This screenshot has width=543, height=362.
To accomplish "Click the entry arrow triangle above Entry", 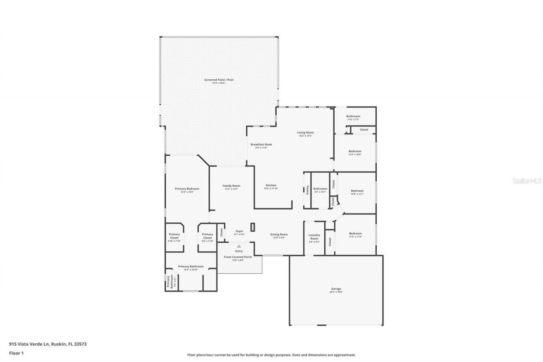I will coord(239,246).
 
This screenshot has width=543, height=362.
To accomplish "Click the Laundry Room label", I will coord(314,237).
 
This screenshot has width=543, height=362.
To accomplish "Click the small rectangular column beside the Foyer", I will coord(253,227).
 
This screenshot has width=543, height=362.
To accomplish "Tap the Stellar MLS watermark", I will coord(527,181).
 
